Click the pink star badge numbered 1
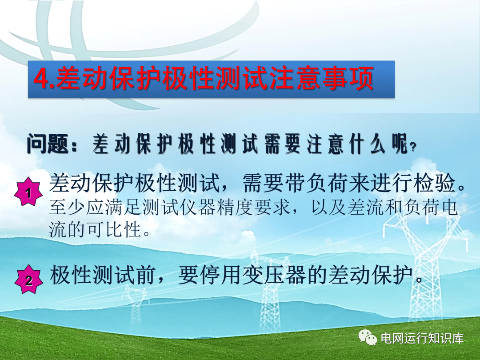point(28,192)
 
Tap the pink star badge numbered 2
point(28,280)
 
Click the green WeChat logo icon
point(368,338)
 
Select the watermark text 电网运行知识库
point(422,338)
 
